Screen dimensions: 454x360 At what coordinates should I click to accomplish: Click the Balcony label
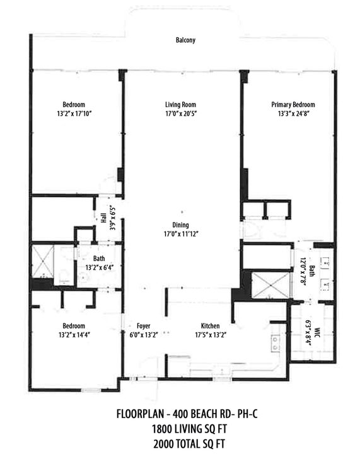(x=185, y=40)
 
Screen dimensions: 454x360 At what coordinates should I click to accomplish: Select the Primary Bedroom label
(x=293, y=105)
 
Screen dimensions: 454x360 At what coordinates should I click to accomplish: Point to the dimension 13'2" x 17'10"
(x=75, y=114)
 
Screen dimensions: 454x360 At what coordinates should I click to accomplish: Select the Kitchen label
(x=210, y=325)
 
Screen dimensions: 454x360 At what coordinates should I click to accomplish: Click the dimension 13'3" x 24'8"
(x=293, y=114)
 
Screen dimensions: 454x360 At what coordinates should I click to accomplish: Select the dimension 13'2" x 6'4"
(x=98, y=267)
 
